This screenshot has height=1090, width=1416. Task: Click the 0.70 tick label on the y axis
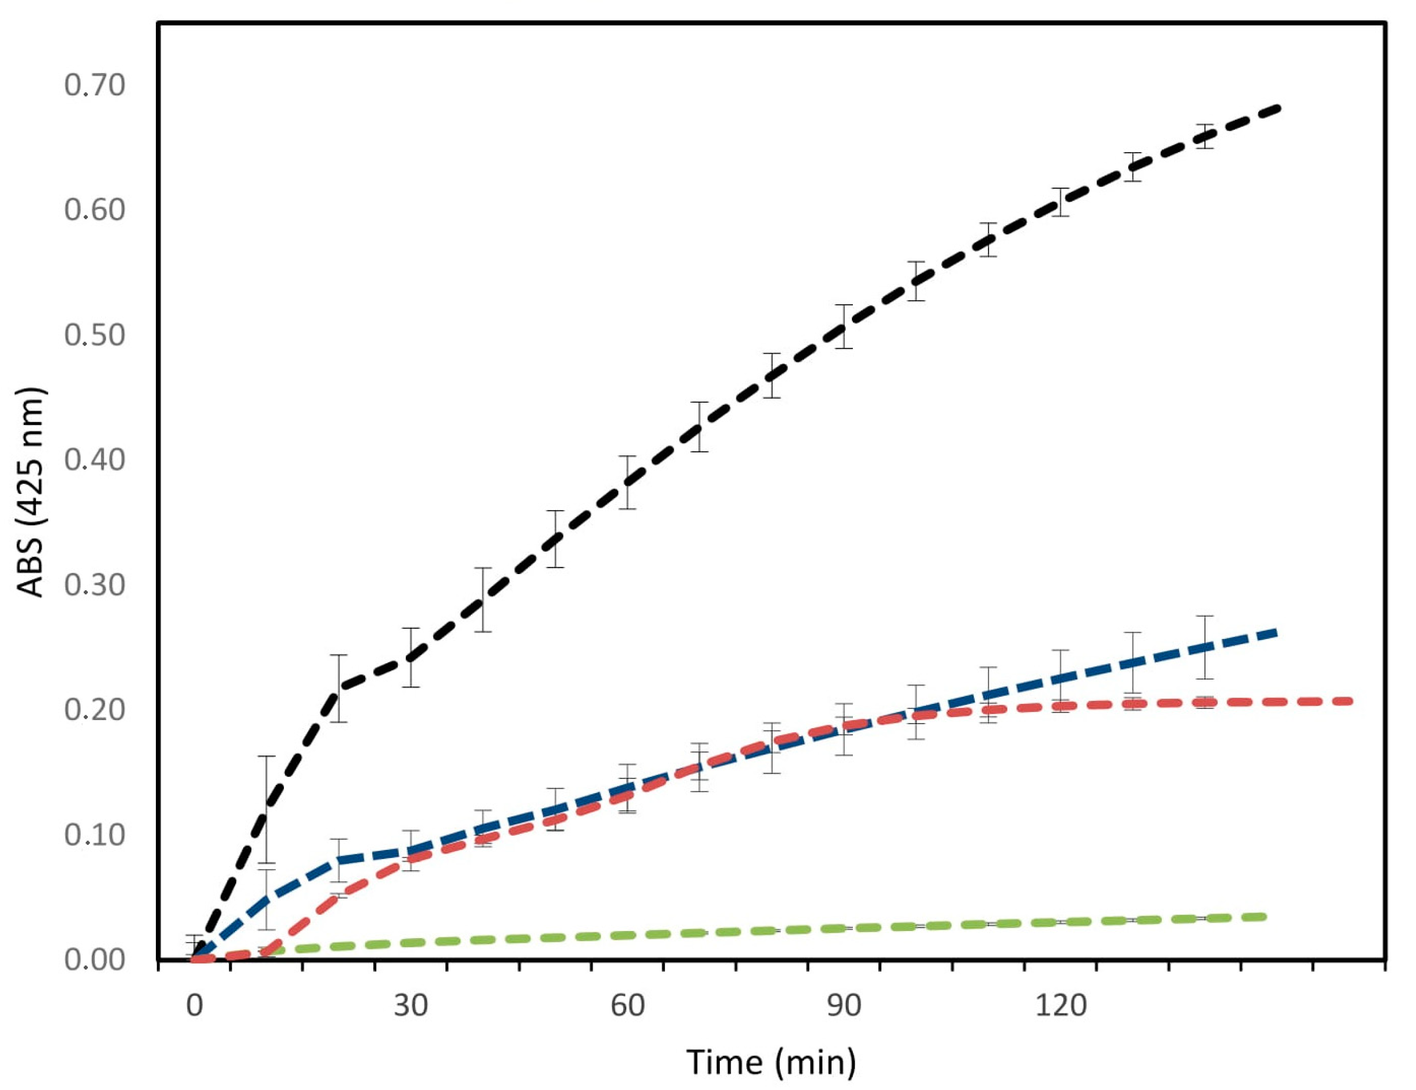(x=94, y=85)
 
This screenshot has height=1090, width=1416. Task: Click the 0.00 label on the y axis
(x=94, y=959)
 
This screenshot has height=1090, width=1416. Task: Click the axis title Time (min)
(x=771, y=1063)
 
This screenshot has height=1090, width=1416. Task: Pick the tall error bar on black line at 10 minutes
(x=267, y=810)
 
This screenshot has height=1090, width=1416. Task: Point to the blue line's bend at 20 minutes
(x=339, y=859)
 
